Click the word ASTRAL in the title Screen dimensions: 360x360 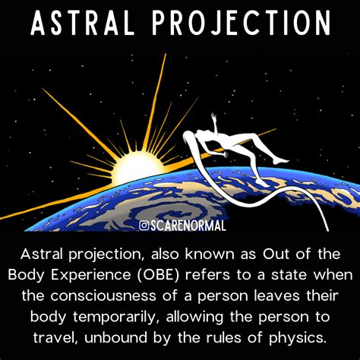pos(90,25)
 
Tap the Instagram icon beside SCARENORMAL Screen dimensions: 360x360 pos(144,225)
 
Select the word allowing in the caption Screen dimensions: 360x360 pos(210,314)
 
